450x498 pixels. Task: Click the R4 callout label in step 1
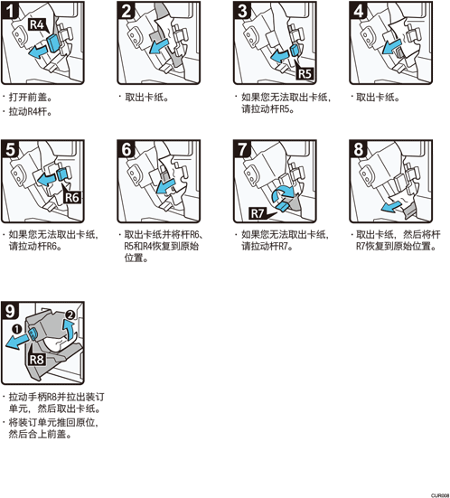(37, 24)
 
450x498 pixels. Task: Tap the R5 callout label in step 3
(305, 74)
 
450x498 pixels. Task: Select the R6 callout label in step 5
(71, 198)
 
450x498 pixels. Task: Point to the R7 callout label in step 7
(257, 213)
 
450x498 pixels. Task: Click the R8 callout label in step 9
(36, 359)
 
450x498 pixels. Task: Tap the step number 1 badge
(10, 10)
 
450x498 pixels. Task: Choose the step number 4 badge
(359, 10)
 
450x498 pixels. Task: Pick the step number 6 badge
(127, 148)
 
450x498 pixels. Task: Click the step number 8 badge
(359, 148)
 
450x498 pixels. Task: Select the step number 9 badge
(10, 311)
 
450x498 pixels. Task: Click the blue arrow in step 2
(159, 46)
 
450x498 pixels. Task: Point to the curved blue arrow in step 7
(284, 193)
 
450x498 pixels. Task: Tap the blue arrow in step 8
(391, 207)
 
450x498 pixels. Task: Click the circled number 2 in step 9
(70, 315)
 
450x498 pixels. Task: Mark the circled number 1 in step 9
(17, 329)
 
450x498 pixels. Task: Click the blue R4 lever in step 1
(52, 43)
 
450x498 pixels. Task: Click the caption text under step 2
(146, 98)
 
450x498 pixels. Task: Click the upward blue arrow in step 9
(69, 330)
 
